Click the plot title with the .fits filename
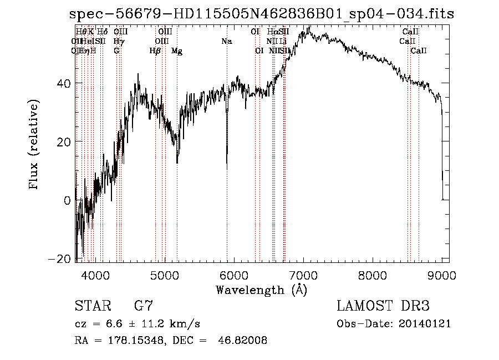pyautogui.click(x=262, y=14)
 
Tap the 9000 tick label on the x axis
pyautogui.click(x=442, y=275)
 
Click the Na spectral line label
pyautogui.click(x=227, y=42)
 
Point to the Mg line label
pyautogui.click(x=177, y=51)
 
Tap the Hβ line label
pyautogui.click(x=155, y=51)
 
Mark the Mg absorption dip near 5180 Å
pyautogui.click(x=177, y=161)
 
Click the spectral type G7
pyautogui.click(x=144, y=306)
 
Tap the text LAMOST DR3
pyautogui.click(x=383, y=306)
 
